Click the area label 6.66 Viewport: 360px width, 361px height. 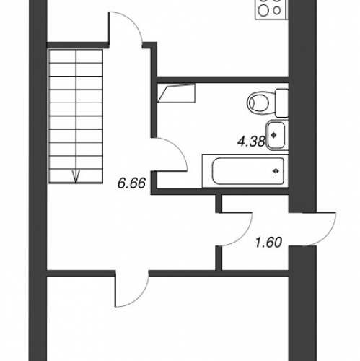click(131, 183)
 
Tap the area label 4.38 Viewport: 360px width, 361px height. click(251, 142)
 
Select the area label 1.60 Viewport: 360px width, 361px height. click(268, 243)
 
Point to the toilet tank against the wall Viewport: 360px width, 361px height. click(282, 103)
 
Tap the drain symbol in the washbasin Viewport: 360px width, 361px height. click(273, 135)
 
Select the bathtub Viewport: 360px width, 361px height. click(245, 171)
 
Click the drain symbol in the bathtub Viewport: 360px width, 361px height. click(276, 171)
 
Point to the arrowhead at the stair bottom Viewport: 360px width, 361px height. click(76, 177)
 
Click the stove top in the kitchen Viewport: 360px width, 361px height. click(271, 9)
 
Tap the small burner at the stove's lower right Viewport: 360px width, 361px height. click(277, 11)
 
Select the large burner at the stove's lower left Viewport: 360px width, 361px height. click(263, 10)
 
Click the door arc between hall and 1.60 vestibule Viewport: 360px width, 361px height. click(246, 235)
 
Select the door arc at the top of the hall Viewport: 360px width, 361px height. click(133, 23)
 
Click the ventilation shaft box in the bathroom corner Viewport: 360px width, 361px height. click(176, 93)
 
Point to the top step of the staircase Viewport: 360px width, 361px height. click(76, 56)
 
